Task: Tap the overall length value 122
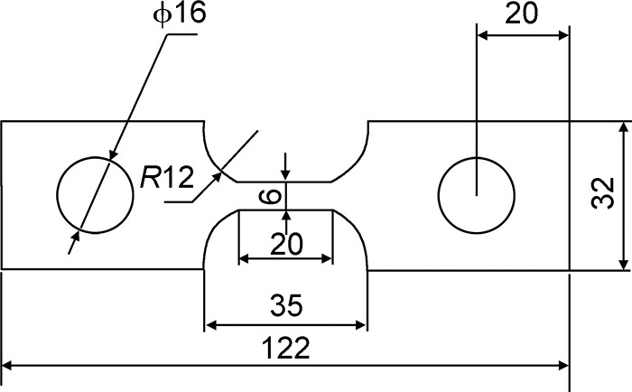coord(287,348)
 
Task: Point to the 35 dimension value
coord(287,306)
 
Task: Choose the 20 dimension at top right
coord(524,15)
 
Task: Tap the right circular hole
coord(476,194)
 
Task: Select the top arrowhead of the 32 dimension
coord(623,127)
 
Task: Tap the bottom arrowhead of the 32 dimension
coord(623,263)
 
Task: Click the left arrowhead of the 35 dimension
coord(210,324)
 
